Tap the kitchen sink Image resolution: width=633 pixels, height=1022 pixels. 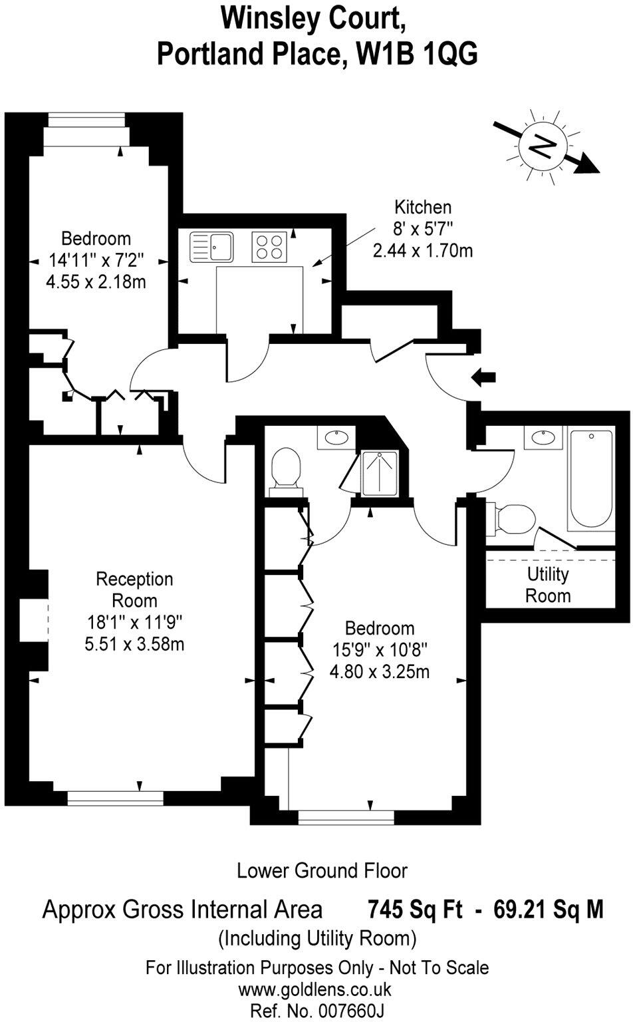[211, 246]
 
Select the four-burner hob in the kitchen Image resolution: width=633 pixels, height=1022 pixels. [269, 246]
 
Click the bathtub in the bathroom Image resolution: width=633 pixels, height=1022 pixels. [590, 479]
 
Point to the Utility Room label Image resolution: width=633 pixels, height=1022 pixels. [548, 584]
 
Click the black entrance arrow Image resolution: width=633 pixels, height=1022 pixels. [483, 378]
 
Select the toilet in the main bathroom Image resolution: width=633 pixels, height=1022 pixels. [514, 518]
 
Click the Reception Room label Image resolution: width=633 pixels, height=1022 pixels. [134, 590]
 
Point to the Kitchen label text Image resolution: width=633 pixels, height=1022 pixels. [423, 207]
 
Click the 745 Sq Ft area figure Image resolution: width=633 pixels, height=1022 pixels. [415, 909]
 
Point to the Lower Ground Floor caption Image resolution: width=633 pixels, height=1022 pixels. [322, 870]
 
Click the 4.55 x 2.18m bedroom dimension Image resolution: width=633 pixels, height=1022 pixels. [96, 281]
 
